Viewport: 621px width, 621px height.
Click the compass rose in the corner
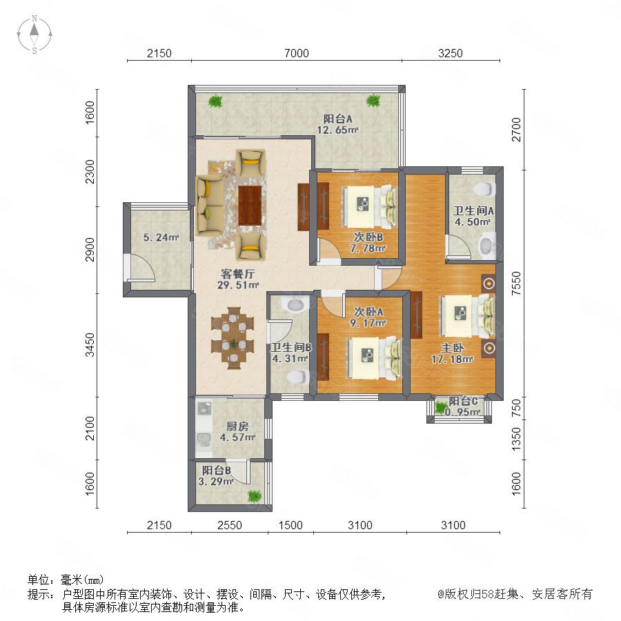(x=34, y=34)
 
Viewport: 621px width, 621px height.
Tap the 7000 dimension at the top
(x=296, y=53)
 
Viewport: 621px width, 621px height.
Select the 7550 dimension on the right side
(x=516, y=283)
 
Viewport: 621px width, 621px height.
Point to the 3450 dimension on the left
(x=90, y=344)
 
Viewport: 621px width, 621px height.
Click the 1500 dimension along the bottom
(x=290, y=525)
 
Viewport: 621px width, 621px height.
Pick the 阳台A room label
(x=337, y=119)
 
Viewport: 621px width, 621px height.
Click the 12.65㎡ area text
(x=337, y=130)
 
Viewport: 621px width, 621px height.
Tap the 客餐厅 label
(x=237, y=274)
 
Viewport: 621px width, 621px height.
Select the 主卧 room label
(x=452, y=348)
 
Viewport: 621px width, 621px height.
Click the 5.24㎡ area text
(x=161, y=237)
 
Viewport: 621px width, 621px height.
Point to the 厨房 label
(x=237, y=426)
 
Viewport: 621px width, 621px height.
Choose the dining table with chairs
(x=233, y=338)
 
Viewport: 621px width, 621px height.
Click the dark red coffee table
(x=250, y=205)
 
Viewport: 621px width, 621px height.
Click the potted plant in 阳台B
(x=255, y=495)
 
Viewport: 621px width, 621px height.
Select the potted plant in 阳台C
(x=441, y=408)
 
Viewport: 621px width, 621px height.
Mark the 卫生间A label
(x=473, y=210)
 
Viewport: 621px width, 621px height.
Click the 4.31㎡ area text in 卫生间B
(x=290, y=358)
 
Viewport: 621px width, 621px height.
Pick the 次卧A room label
(x=368, y=312)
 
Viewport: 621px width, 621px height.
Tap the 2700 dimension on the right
(x=516, y=129)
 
